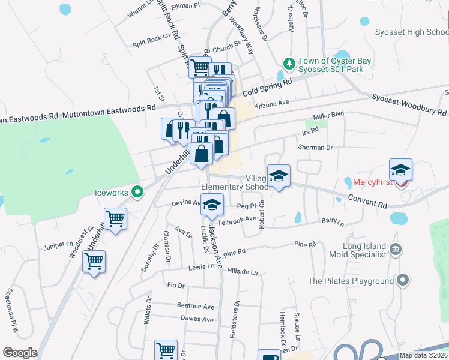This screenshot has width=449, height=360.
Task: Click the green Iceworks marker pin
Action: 137,193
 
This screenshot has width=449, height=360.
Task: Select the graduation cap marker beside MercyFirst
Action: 400,170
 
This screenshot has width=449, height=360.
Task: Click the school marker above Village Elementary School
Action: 279,176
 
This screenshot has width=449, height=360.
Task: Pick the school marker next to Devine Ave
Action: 211,205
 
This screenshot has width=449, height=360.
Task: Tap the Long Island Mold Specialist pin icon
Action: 395,249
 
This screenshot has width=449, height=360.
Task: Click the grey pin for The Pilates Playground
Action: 403,280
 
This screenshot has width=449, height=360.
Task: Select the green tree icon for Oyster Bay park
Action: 289,63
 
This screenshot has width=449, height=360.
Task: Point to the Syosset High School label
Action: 411,32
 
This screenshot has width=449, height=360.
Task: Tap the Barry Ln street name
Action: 332,222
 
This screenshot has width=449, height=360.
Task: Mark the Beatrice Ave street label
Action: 195,305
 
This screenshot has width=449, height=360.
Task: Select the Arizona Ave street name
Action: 272,103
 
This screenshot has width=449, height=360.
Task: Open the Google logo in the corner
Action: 20,353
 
